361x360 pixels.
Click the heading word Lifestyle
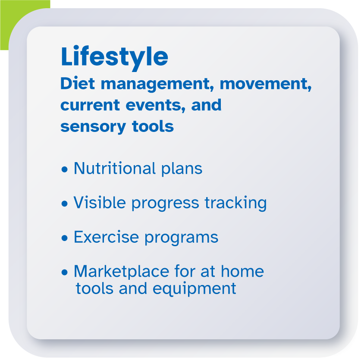[x=114, y=57]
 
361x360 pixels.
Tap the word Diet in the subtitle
[x=78, y=83]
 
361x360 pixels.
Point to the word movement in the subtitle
[x=265, y=84]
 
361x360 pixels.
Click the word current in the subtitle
[x=90, y=106]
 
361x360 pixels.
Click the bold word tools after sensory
[x=153, y=126]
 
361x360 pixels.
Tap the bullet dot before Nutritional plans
[x=65, y=169]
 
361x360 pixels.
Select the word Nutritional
[x=115, y=168]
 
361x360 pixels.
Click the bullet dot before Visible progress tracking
[x=65, y=203]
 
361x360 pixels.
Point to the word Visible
[x=100, y=202]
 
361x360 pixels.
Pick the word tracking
[x=235, y=203]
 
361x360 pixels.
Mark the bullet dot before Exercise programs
[x=65, y=238]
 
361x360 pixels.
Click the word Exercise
[x=107, y=237]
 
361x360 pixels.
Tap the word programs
[x=182, y=238]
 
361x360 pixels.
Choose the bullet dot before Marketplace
[x=65, y=272]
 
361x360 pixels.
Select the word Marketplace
[x=122, y=272]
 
